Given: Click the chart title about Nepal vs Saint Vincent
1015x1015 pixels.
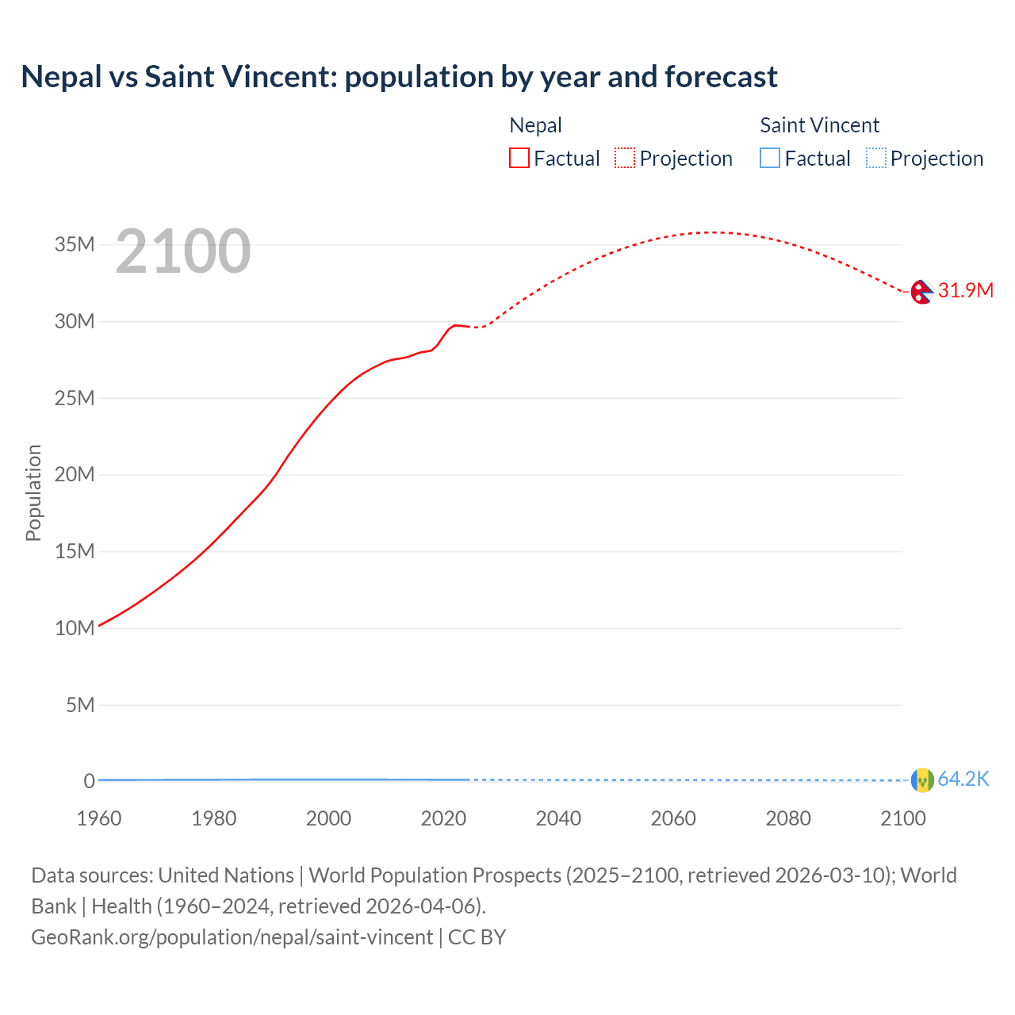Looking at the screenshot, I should point(399,77).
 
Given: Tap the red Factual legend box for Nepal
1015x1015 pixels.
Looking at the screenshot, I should point(519,159).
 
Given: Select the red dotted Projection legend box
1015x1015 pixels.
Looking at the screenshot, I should point(625,159).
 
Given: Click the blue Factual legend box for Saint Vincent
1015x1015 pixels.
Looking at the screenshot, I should point(770,159).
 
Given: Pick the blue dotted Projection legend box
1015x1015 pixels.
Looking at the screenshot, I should point(875,159).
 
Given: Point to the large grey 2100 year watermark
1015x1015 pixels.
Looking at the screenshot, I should point(183,252).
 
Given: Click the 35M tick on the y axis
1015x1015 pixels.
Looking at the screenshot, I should point(75,244).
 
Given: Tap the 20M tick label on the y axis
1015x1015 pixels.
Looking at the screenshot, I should point(75,475).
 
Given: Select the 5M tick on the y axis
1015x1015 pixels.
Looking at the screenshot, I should point(80,705).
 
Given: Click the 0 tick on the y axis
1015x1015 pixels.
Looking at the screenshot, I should point(89,781).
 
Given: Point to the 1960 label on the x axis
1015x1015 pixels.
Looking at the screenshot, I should point(99,818).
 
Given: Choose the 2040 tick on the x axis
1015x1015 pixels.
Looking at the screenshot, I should point(558,818).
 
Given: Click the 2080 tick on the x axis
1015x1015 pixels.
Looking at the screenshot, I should point(788,818).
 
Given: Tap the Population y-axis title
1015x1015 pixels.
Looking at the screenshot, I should point(33,492).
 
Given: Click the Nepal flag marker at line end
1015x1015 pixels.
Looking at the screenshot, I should point(921,292).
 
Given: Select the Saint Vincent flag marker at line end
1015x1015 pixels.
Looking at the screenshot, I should point(922,780).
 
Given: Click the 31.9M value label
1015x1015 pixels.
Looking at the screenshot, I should point(965,291).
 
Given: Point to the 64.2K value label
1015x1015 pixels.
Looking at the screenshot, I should point(963,779).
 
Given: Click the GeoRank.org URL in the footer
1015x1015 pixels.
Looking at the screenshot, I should point(232,937).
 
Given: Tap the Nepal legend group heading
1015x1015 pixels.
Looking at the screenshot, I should point(535,125).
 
